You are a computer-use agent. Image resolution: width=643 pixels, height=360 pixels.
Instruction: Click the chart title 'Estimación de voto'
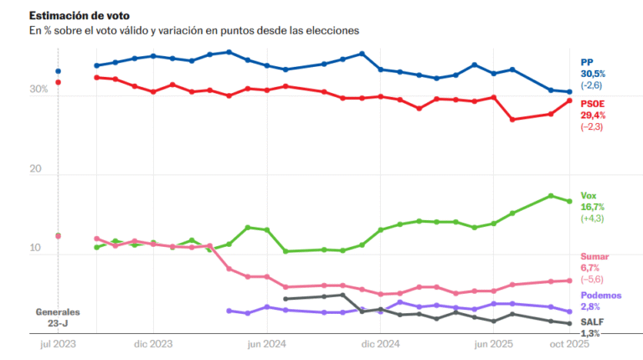click(76, 15)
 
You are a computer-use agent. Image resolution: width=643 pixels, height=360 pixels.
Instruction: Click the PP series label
click(587, 62)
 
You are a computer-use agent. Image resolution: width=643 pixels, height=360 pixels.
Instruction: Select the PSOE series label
click(593, 103)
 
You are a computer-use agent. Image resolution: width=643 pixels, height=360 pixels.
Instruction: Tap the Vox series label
click(589, 195)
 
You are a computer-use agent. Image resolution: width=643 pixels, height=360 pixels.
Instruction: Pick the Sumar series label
click(594, 256)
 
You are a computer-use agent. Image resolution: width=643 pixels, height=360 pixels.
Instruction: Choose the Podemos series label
click(600, 296)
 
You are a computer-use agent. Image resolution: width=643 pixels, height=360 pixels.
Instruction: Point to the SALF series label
click(593, 321)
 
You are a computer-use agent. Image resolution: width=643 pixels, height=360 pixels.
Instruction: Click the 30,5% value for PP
click(594, 74)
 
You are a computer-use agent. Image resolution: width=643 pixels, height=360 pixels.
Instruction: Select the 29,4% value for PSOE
click(594, 115)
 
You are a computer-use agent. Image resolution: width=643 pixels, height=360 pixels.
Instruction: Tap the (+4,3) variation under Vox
click(593, 219)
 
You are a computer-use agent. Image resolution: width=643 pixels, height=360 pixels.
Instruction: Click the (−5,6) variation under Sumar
click(593, 280)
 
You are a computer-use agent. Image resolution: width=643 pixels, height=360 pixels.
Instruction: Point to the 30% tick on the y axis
click(39, 90)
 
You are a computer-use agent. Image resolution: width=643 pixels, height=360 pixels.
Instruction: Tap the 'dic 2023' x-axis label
click(152, 344)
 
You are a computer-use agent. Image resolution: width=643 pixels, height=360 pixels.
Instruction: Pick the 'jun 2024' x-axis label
click(267, 344)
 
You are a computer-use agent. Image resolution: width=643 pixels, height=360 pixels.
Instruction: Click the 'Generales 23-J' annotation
click(57, 316)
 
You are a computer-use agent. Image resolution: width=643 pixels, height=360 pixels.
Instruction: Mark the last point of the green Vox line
click(569, 201)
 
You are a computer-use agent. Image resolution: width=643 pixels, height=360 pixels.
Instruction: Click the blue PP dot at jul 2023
click(58, 71)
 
